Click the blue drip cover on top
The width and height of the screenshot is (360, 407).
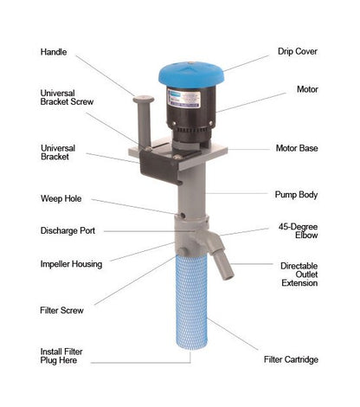(191, 74)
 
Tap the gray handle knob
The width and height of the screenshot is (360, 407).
(144, 100)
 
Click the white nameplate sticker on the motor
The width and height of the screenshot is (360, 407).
(183, 100)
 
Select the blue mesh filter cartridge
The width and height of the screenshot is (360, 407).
(191, 301)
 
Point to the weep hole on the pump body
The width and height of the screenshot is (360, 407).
(183, 216)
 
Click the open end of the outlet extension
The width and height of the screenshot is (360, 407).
(228, 278)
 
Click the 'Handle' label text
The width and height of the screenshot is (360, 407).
(54, 52)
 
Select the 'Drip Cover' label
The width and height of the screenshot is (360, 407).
(298, 51)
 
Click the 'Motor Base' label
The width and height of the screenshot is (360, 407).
(297, 148)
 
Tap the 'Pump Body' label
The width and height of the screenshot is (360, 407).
(296, 195)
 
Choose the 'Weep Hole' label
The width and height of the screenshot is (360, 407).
(61, 198)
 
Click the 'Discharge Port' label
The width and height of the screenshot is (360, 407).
(67, 230)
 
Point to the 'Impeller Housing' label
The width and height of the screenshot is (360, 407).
(71, 264)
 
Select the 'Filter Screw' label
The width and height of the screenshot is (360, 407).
(61, 310)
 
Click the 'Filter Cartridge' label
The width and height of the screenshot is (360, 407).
(291, 359)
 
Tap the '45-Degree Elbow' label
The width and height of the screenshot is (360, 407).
(298, 231)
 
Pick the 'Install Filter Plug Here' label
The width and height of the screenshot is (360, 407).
(61, 356)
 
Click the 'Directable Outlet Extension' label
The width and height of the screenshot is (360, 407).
(299, 275)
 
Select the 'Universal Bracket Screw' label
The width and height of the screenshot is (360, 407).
(67, 97)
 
